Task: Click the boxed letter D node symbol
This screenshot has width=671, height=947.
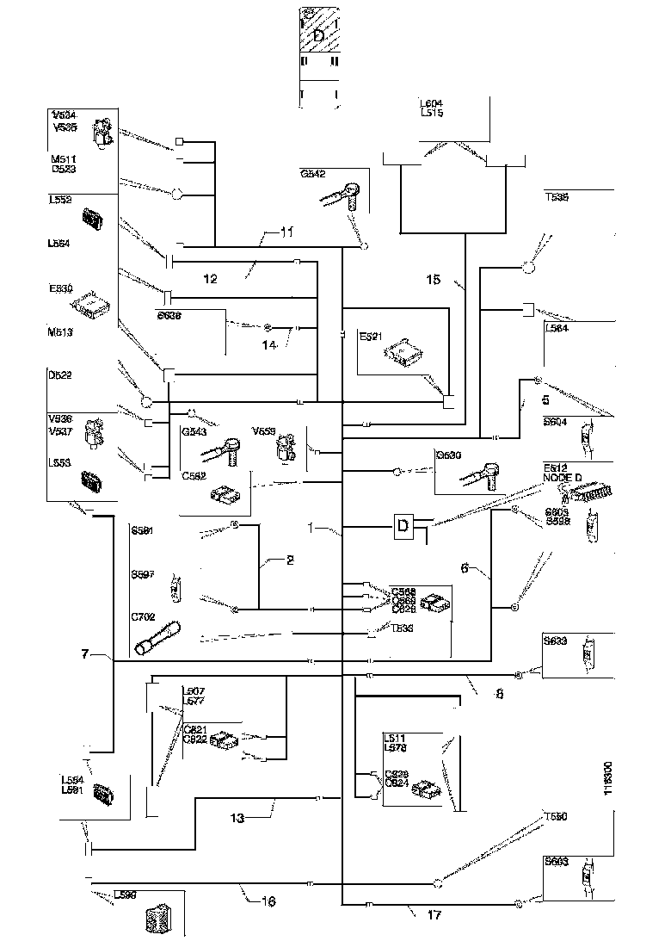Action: pyautogui.click(x=402, y=526)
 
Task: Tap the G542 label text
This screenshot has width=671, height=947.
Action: pyautogui.click(x=312, y=174)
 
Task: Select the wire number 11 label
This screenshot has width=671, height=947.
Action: pyautogui.click(x=287, y=232)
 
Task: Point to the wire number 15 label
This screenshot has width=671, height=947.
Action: pyautogui.click(x=434, y=279)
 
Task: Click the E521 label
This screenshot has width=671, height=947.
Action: pyautogui.click(x=370, y=339)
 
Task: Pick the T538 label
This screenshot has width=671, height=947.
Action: pyautogui.click(x=557, y=195)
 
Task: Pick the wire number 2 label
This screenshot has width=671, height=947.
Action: pyautogui.click(x=290, y=560)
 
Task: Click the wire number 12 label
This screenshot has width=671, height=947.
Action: pyautogui.click(x=211, y=278)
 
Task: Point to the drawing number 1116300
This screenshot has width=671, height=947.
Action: pyautogui.click(x=607, y=781)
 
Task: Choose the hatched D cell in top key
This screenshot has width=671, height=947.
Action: pyautogui.click(x=319, y=35)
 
